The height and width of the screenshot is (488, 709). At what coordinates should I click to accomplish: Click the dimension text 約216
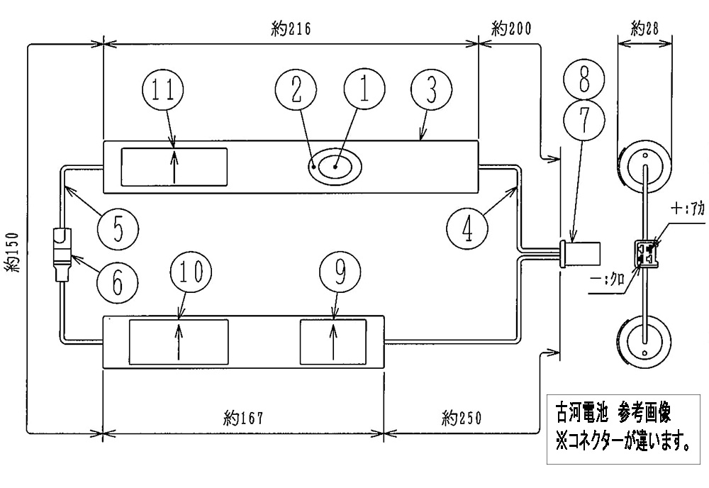coord(291,29)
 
